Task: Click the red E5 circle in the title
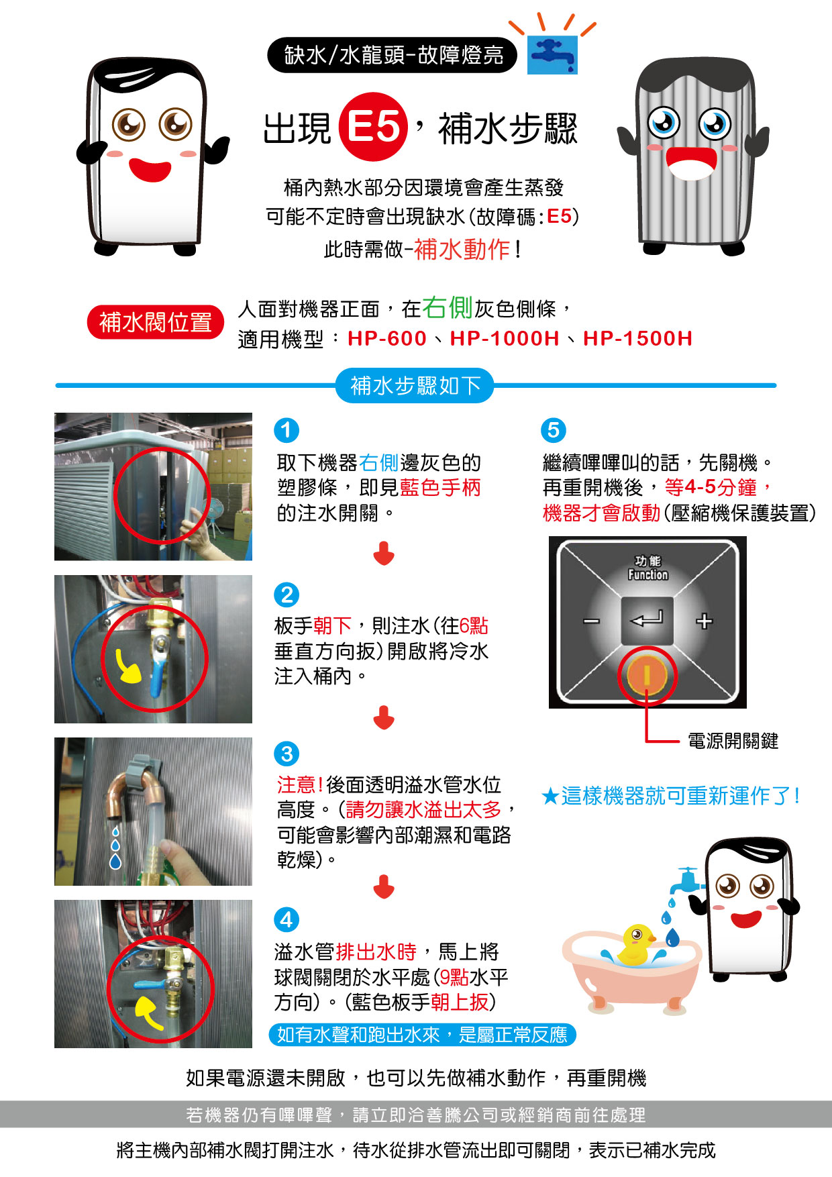(373, 126)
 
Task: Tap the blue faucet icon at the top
(552, 54)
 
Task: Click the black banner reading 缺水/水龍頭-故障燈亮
(393, 55)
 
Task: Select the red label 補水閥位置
(155, 322)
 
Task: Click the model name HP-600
(387, 338)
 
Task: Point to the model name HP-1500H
(637, 338)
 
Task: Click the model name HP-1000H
(505, 338)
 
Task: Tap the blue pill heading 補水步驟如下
(415, 386)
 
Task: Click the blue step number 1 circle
(287, 430)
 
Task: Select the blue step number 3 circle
(287, 754)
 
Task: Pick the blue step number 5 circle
(554, 430)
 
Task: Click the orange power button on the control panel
(647, 675)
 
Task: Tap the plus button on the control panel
(704, 621)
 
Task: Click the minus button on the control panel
(591, 621)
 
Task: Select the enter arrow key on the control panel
(647, 619)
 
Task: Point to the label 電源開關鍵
(733, 741)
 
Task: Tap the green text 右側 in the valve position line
(448, 307)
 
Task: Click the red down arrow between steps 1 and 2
(384, 554)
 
